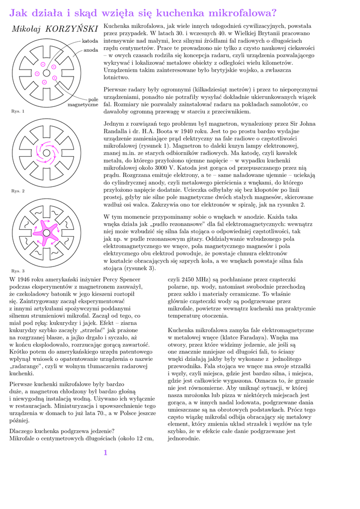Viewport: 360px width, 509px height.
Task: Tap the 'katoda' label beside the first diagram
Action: pyautogui.click(x=90, y=40)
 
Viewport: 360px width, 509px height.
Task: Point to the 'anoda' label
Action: pyautogui.click(x=90, y=50)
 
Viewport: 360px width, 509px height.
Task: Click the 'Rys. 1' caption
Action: pyautogui.click(x=17, y=111)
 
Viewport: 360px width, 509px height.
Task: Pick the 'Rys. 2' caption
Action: pyautogui.click(x=17, y=191)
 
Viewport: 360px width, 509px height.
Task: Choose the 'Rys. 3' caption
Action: pyautogui.click(x=17, y=271)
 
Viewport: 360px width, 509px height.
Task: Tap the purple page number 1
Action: pyautogui.click(x=105, y=452)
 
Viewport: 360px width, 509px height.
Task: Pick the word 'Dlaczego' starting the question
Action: pyautogui.click(x=23, y=431)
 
